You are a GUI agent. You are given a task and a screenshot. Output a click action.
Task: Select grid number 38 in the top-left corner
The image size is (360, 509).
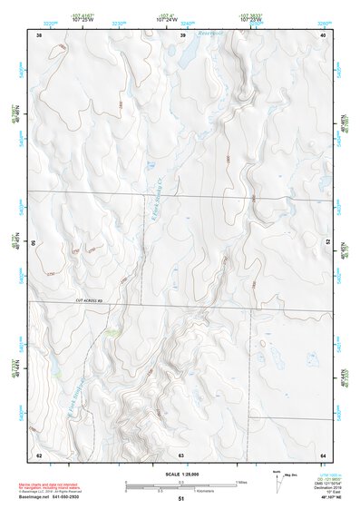pos(39,35)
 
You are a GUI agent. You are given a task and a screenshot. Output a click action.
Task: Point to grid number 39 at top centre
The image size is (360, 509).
pos(183,35)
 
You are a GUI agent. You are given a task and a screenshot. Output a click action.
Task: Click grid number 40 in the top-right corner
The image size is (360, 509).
pos(323,35)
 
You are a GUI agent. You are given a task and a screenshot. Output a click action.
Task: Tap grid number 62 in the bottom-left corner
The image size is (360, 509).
pos(39,453)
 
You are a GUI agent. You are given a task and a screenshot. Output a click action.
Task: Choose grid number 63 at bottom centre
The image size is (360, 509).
pos(181,453)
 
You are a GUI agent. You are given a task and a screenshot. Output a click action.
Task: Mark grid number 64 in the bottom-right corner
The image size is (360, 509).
pos(323,453)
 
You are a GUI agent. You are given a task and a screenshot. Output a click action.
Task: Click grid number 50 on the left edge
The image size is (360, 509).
pos(35,243)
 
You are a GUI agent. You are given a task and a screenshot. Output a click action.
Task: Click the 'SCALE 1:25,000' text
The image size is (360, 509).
pos(180,475)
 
